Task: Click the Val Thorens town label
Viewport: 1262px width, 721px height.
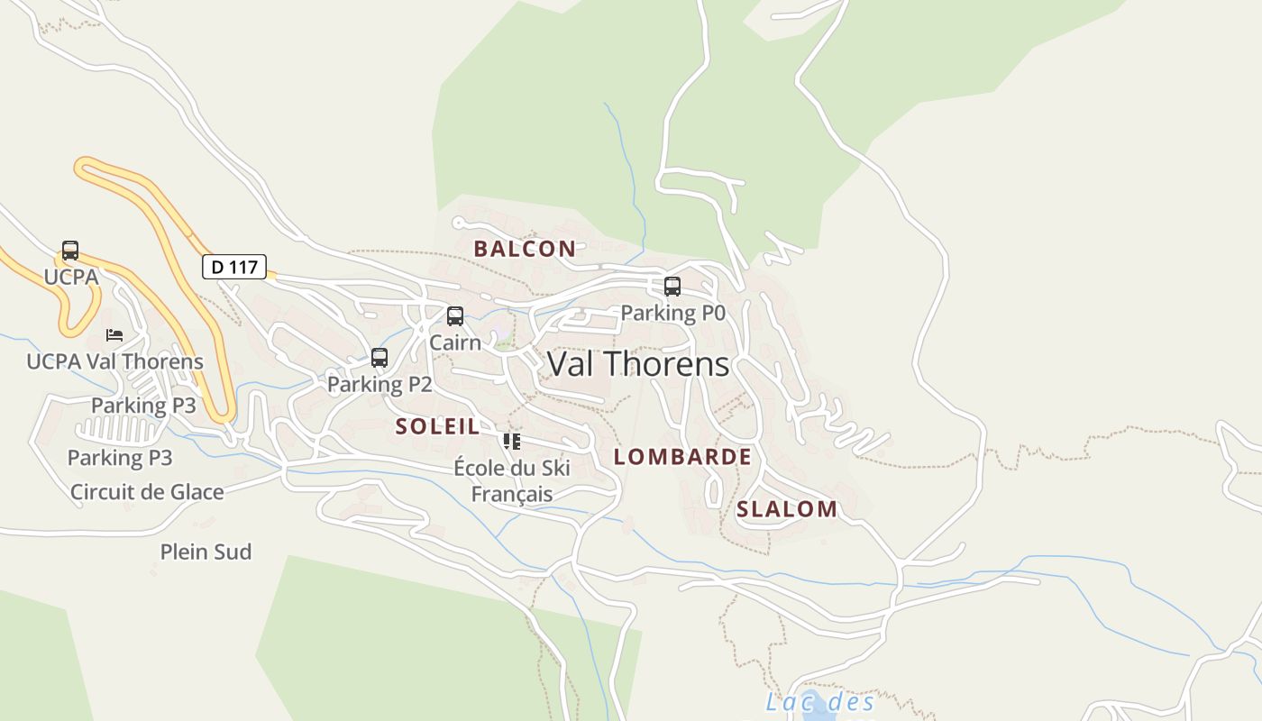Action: [x=638, y=364]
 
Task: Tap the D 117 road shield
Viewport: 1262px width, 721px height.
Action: [x=233, y=267]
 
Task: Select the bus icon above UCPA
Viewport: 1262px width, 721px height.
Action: [x=70, y=251]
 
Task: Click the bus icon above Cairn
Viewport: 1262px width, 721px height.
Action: [x=455, y=316]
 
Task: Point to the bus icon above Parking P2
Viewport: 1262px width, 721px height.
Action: [x=380, y=358]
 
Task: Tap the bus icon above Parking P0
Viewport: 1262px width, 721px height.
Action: [x=672, y=287]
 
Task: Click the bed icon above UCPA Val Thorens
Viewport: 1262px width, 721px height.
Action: [x=114, y=335]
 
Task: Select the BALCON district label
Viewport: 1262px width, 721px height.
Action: [x=525, y=249]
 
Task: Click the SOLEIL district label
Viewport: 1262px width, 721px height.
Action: [x=437, y=426]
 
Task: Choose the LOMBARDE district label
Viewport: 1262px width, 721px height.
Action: [x=682, y=457]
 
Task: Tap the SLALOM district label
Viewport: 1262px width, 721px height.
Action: [x=787, y=509]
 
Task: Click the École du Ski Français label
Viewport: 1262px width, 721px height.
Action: [x=512, y=481]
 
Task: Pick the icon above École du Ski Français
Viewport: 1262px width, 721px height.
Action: [x=512, y=442]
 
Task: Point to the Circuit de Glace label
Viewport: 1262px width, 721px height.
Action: [x=147, y=492]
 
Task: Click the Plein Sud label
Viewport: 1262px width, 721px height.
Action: [x=206, y=552]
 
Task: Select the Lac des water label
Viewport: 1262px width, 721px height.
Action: [x=820, y=702]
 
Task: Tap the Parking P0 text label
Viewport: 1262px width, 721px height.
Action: [x=672, y=314]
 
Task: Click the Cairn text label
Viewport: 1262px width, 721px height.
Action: [x=455, y=342]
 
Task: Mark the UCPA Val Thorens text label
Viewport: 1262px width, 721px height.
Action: [x=114, y=362]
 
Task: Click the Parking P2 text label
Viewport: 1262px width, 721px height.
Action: [x=380, y=385]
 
